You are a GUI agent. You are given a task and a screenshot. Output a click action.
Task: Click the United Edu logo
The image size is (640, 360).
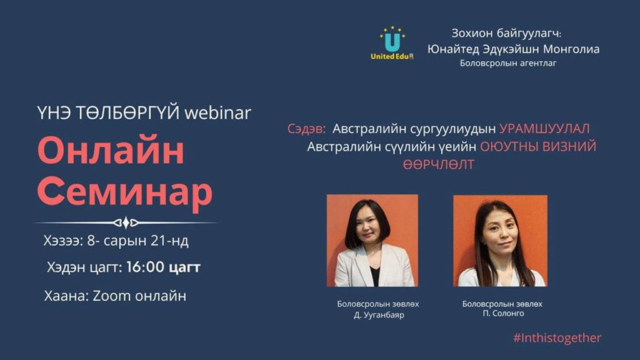coord(392,44)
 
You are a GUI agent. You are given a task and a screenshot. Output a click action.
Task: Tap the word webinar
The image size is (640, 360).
coord(217,113)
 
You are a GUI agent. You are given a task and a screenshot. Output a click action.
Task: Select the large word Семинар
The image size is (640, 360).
coord(125,192)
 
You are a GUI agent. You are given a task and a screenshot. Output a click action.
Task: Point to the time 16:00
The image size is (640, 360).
coord(145,267)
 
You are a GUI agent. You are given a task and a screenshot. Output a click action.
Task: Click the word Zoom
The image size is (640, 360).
coord(111,296)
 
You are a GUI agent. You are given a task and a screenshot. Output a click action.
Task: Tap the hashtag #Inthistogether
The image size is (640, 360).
coord(557,338)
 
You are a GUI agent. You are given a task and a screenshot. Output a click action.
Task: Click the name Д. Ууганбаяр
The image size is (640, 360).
coord(379,315)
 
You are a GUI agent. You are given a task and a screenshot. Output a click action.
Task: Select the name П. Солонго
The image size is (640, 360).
coord(503,314)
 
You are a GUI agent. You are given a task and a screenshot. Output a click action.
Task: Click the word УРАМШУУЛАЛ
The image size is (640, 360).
coord(544,129)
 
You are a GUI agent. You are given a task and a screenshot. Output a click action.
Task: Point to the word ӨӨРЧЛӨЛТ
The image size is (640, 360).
coord(439,164)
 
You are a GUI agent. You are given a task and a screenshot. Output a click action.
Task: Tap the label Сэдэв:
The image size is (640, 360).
coord(306,129)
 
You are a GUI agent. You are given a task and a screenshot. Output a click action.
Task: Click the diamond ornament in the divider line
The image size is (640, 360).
coord(126,222)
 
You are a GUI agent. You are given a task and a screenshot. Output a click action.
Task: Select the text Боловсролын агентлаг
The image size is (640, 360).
coord(507,63)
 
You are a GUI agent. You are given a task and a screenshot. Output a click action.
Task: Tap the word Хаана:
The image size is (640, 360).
coord(66,296)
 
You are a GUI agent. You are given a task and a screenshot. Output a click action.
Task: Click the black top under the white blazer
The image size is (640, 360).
coord(375,275)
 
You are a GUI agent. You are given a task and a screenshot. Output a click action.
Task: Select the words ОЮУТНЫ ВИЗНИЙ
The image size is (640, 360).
coord(538,146)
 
